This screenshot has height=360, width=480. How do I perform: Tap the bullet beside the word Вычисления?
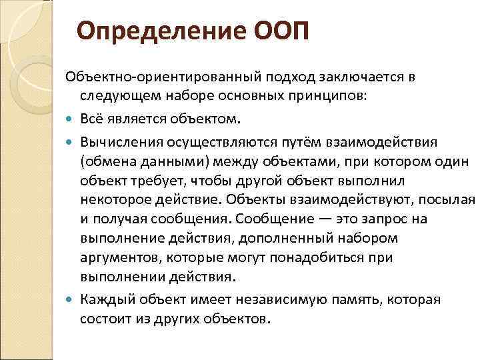(x=71, y=143)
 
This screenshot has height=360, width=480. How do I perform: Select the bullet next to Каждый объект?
(x=71, y=299)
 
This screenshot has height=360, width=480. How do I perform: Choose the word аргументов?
(x=121, y=257)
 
